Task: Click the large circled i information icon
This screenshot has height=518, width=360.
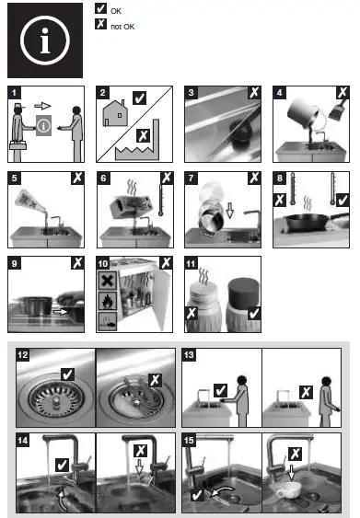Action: pos(45,40)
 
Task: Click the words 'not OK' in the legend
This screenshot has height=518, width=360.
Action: pos(122,27)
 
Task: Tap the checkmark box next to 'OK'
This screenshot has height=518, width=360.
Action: pos(101,8)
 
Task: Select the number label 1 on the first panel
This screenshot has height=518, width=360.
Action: pos(14,93)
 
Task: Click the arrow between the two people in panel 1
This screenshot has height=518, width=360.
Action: pos(42,106)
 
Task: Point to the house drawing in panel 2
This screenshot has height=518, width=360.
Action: pos(115,112)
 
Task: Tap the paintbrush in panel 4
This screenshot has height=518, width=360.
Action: pos(338,109)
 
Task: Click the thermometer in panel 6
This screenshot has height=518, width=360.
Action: pos(160,201)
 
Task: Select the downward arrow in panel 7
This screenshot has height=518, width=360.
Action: pos(230,211)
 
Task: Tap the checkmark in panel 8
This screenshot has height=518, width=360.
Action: pos(343,200)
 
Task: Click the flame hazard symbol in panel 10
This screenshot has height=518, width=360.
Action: pos(108,301)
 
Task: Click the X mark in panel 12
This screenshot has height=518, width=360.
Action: pos(155,380)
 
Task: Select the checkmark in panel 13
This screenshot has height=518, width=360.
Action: pos(220,390)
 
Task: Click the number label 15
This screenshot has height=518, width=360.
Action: pos(189,441)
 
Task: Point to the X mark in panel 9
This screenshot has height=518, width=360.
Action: pos(77,262)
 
